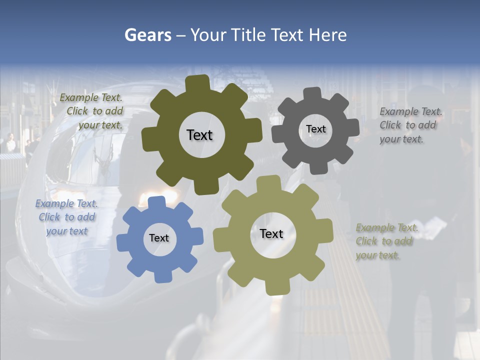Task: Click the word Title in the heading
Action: [x=247, y=35]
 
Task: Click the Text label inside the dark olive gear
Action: [x=199, y=135]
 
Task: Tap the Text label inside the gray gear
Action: [x=315, y=129]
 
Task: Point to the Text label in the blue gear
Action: [x=159, y=238]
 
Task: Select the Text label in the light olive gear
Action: [x=271, y=233]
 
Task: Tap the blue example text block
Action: [x=67, y=217]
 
